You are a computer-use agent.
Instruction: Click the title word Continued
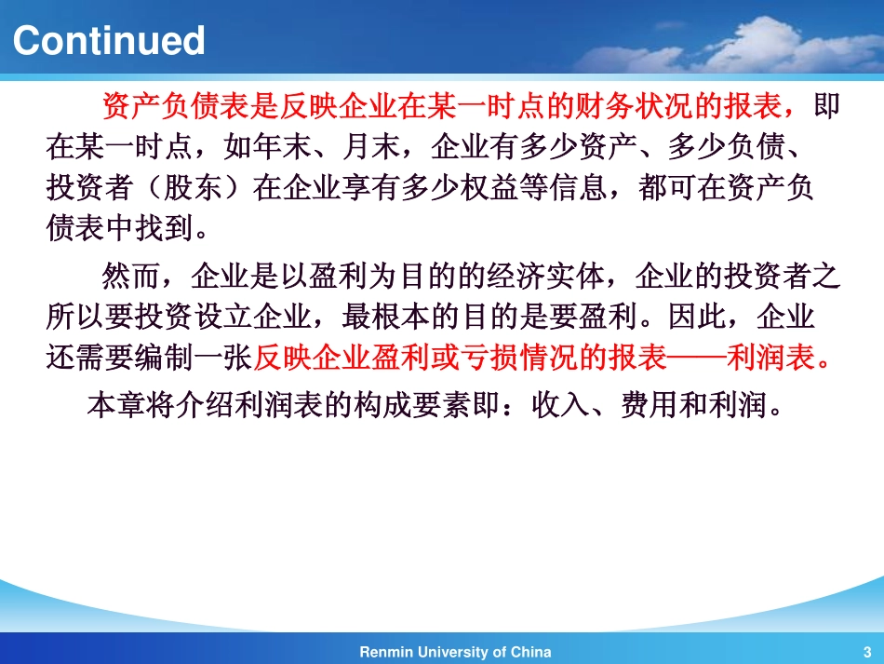click(x=108, y=41)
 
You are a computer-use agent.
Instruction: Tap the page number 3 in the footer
click(x=867, y=653)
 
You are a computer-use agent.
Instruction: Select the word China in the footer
click(x=530, y=652)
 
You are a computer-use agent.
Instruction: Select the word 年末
click(x=283, y=147)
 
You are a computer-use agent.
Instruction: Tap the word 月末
click(x=371, y=147)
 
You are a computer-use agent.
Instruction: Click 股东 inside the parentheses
click(x=193, y=187)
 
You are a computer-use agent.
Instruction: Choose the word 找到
click(x=164, y=228)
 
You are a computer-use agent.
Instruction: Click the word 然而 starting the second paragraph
click(x=131, y=277)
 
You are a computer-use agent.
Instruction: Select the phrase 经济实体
click(x=545, y=277)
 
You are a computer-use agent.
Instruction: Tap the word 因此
click(x=697, y=317)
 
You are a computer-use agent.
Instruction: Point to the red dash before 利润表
click(x=697, y=358)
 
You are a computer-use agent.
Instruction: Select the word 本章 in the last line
click(x=116, y=404)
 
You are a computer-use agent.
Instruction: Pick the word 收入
click(x=560, y=404)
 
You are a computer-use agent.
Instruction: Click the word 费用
click(x=650, y=404)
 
